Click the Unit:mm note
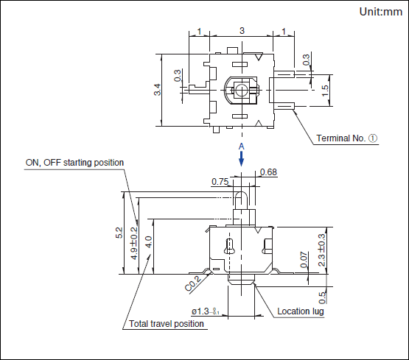[x=380, y=12]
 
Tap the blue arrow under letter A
[x=242, y=158]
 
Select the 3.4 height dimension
[x=157, y=90]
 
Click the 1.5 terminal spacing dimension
[x=325, y=91]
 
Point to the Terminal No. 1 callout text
[x=346, y=138]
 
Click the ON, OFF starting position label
[x=74, y=163]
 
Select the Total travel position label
[x=167, y=323]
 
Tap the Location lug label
[x=301, y=311]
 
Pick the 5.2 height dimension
[x=119, y=233]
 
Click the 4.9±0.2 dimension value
[x=134, y=243]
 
